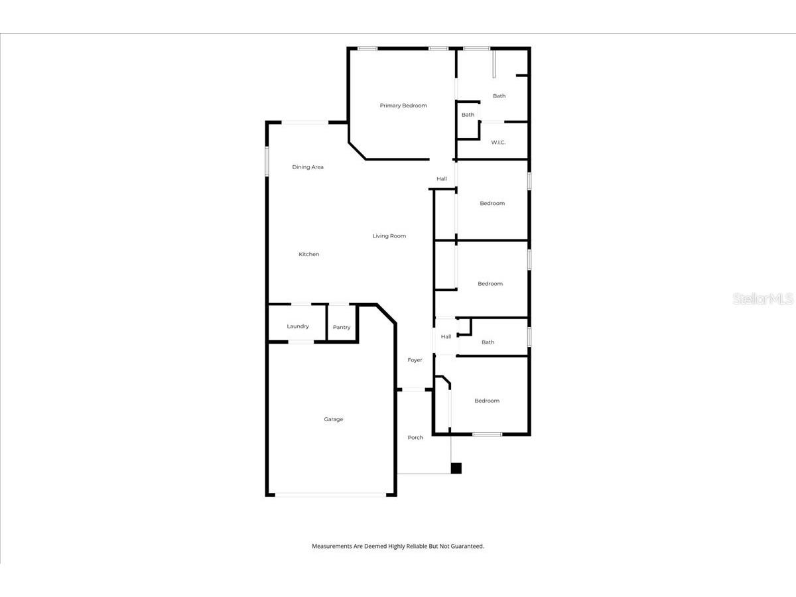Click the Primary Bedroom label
click(403, 105)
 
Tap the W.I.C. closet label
click(498, 143)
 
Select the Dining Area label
click(308, 167)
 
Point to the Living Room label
click(389, 236)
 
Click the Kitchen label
click(309, 254)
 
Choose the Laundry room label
click(298, 326)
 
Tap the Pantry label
click(342, 328)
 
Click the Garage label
click(334, 419)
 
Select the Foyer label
click(415, 360)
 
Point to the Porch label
click(415, 438)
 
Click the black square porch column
click(456, 468)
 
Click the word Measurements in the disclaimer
click(332, 547)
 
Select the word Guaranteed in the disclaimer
click(468, 547)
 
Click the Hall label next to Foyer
click(446, 337)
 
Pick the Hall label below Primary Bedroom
click(442, 179)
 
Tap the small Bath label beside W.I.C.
click(468, 115)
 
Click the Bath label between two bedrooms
click(488, 342)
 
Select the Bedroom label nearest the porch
click(487, 401)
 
